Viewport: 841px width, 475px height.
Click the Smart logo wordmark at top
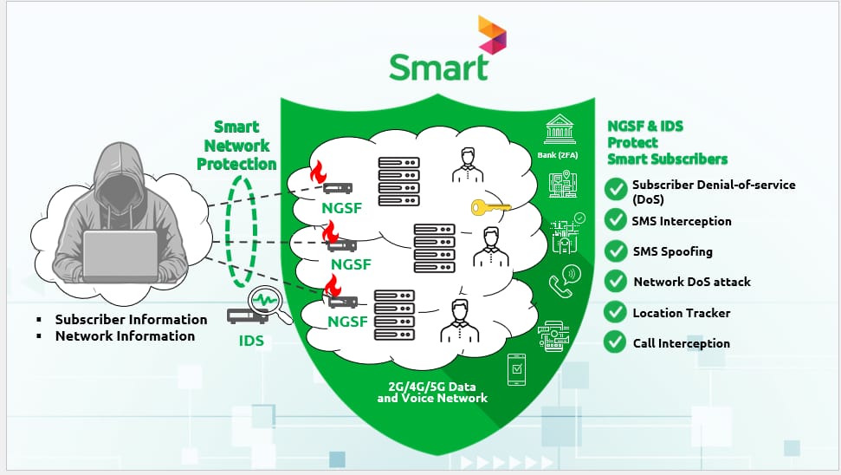438,67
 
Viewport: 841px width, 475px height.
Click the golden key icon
491,208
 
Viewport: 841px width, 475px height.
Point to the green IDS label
251,342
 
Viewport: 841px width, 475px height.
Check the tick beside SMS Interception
616,220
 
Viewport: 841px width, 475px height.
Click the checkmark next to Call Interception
616,342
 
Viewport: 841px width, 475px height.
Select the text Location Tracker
681,313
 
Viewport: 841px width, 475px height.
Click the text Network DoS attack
691,282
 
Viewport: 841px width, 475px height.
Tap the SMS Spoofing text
672,251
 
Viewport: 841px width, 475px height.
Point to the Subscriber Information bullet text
131,319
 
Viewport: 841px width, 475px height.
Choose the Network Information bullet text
125,335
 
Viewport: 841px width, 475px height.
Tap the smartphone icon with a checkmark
518,370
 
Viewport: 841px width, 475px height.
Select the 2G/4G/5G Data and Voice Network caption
432,391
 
